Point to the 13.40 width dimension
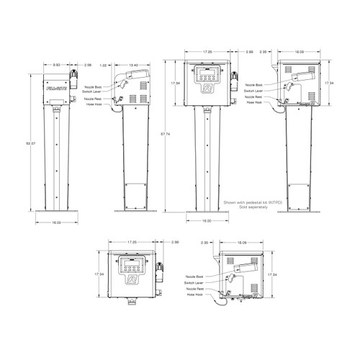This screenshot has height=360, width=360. click(134, 65)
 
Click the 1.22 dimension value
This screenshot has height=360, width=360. click(104, 65)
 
